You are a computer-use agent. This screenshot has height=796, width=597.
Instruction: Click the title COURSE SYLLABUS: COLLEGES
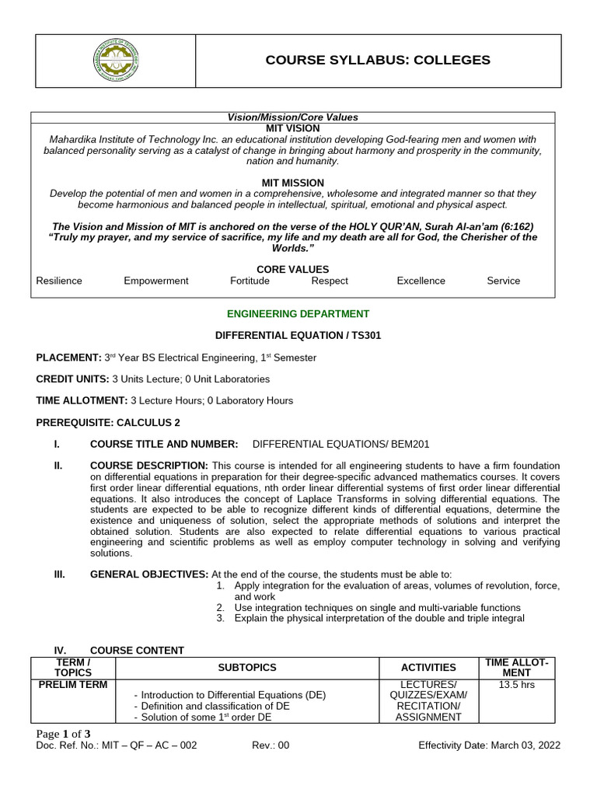pyautogui.click(x=378, y=61)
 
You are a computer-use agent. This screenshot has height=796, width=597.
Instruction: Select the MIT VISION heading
pyautogui.click(x=292, y=127)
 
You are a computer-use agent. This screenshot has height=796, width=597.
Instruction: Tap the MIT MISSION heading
pyautogui.click(x=292, y=182)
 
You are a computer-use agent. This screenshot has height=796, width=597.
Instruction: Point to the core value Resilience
pyautogui.click(x=59, y=281)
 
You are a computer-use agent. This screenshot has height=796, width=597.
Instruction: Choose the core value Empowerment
pyautogui.click(x=156, y=281)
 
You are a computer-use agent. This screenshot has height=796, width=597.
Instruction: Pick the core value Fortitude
pyautogui.click(x=250, y=281)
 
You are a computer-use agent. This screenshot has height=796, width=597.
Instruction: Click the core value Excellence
pyautogui.click(x=421, y=281)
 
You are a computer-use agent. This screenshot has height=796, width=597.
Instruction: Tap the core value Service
pyautogui.click(x=504, y=281)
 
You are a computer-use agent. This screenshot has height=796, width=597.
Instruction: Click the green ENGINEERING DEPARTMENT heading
pyautogui.click(x=298, y=314)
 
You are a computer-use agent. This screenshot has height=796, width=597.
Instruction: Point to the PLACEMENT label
pyautogui.click(x=68, y=358)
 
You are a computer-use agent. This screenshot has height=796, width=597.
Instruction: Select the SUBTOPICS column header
pyautogui.click(x=247, y=668)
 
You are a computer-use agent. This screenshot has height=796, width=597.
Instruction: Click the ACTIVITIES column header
pyautogui.click(x=428, y=668)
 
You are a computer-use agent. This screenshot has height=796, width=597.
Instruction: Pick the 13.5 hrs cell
pyautogui.click(x=517, y=685)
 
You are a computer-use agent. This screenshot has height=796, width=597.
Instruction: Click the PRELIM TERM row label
pyautogui.click(x=72, y=685)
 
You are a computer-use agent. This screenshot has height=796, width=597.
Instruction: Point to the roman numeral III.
pyautogui.click(x=59, y=574)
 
